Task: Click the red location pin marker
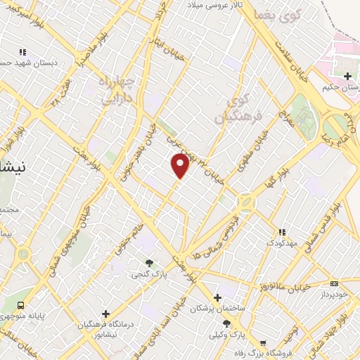tap(181, 165)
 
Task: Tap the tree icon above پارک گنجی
tap(148, 264)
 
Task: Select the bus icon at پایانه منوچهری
tap(21, 306)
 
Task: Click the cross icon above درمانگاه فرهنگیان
tap(105, 314)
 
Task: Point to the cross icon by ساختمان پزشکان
tap(217, 297)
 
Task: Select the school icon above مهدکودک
tap(282, 232)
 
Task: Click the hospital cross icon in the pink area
tap(347, 76)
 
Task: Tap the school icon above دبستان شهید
tap(23, 52)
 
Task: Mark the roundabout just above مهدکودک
tap(247, 203)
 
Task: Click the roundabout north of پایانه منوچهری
tap(24, 254)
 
